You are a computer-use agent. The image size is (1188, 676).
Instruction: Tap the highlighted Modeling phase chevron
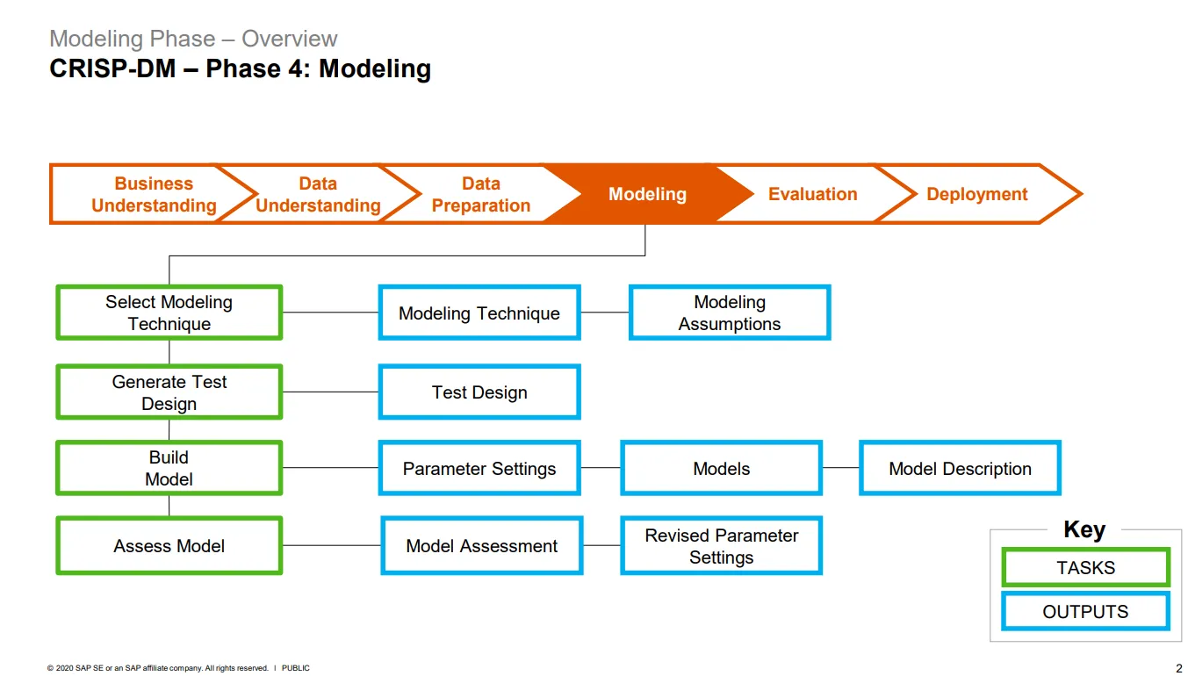pos(647,194)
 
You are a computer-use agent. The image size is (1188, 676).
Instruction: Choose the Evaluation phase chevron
pos(812,194)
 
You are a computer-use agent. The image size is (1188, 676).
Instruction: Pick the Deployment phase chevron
pos(976,194)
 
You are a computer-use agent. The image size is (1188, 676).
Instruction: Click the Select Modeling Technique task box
pos(169,313)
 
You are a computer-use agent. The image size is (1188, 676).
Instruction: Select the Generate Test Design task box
pos(169,392)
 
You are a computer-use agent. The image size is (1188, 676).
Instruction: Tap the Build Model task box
pos(169,468)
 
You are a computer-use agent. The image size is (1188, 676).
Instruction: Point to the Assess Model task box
pos(169,546)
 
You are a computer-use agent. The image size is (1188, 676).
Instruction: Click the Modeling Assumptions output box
pos(730,313)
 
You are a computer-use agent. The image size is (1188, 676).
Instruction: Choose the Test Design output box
pos(479,392)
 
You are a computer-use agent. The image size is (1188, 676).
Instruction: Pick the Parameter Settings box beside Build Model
pos(479,469)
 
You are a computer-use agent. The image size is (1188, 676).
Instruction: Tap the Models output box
pos(722,469)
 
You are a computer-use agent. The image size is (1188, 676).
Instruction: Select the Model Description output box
pos(960,469)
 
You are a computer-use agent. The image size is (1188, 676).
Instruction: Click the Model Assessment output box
pos(482,546)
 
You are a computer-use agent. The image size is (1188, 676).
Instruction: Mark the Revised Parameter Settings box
pos(722,546)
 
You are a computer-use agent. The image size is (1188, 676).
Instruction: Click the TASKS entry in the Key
pos(1086,568)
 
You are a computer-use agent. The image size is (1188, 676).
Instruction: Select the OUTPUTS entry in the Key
pos(1086,612)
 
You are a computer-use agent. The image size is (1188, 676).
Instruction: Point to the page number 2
pos(1178,668)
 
